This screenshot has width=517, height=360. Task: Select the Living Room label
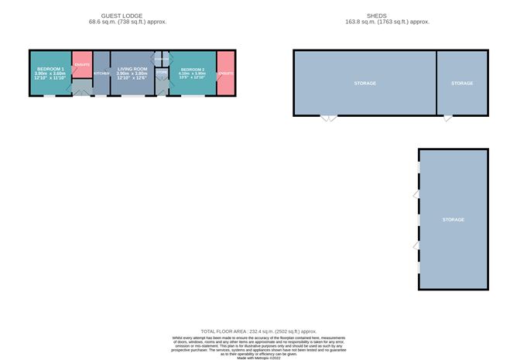tap(132, 69)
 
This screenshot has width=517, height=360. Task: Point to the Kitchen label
tap(101, 74)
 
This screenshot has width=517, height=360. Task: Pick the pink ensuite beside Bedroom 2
tap(226, 74)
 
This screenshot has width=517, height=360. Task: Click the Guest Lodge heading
tap(128, 15)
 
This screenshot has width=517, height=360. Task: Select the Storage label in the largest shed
tap(365, 83)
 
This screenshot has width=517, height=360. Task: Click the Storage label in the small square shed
tap(462, 83)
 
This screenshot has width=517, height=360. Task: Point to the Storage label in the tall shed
tap(453, 220)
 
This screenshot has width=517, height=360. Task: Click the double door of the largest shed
tap(329, 118)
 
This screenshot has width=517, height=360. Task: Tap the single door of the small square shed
tap(447, 118)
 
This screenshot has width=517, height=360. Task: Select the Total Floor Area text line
tap(258, 331)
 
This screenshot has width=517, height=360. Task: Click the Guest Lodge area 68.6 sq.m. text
tap(128, 22)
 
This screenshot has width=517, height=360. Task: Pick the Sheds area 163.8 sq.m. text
tap(387, 22)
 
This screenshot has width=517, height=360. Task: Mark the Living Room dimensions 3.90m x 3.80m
tap(132, 74)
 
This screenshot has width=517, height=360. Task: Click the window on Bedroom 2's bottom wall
tap(188, 96)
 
